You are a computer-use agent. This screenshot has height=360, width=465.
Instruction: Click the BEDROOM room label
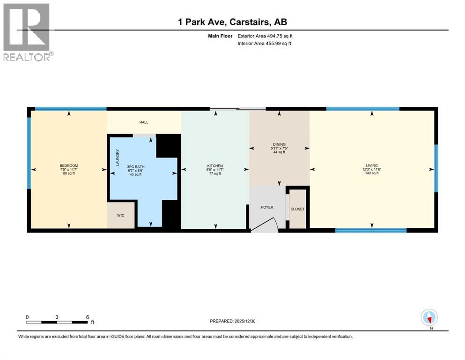point(68,166)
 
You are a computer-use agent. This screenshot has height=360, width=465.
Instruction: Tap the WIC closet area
point(120,216)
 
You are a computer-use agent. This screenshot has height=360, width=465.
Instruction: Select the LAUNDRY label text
point(118,158)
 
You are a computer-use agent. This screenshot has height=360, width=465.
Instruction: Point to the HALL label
point(144,122)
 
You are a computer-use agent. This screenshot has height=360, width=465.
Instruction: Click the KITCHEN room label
point(215,166)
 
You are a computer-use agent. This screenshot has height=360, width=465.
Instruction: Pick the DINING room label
point(279,144)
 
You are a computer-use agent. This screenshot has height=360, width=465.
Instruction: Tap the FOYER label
point(267,207)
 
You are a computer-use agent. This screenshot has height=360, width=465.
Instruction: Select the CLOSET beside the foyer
point(297,209)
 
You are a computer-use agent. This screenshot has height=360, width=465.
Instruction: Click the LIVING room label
point(372,165)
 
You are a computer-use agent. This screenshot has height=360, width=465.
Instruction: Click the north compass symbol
point(429,317)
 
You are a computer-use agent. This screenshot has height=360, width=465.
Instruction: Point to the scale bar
point(57,322)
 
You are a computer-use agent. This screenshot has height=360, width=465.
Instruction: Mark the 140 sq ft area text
point(372,173)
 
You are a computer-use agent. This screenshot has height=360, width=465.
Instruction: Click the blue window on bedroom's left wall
point(29,153)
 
